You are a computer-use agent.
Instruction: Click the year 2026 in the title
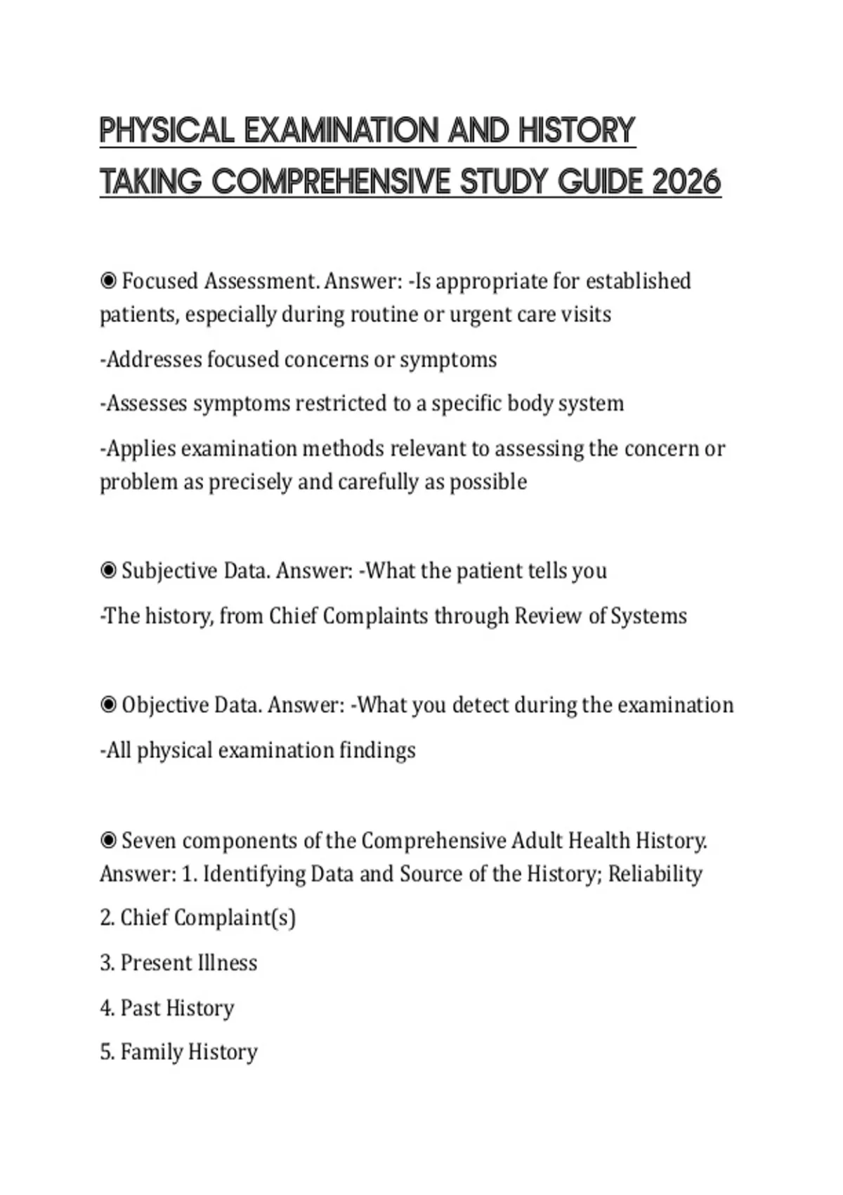coord(686,182)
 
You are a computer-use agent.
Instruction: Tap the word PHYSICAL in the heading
coord(166,131)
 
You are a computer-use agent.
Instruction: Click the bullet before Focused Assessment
coord(108,281)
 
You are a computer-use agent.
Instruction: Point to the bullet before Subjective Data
coord(108,571)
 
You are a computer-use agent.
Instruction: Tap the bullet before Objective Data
coord(108,705)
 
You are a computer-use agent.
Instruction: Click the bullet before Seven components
coord(108,841)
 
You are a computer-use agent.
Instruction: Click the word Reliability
coord(655,874)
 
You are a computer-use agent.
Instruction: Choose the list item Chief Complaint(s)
coord(197,918)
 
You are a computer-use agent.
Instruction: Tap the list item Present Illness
coord(178,963)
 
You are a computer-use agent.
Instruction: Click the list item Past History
coord(166,1008)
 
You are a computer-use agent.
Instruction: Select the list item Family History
coord(178,1052)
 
